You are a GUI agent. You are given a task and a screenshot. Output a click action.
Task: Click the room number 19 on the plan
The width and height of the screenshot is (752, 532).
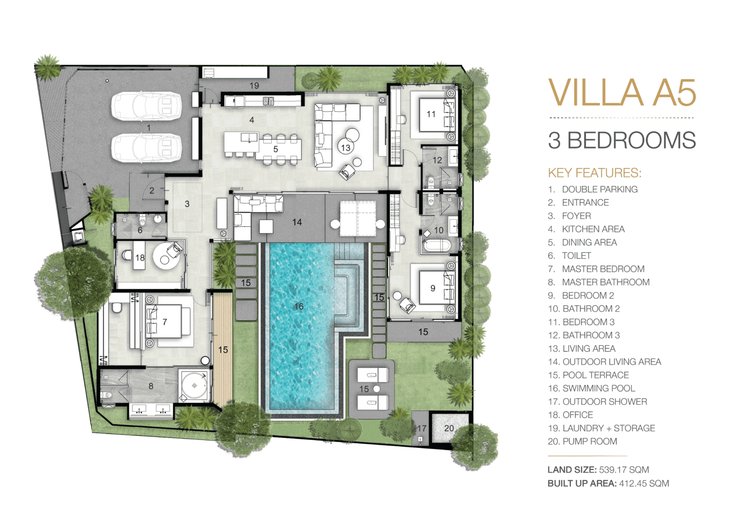254,86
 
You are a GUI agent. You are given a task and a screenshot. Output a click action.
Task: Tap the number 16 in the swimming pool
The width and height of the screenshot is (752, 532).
299,306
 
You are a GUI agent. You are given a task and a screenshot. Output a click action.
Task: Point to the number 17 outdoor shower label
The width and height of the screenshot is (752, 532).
422,428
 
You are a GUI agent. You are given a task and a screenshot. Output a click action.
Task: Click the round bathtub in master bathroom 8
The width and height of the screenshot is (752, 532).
194,386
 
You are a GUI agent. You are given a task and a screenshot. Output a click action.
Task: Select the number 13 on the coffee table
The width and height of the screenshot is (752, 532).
346,148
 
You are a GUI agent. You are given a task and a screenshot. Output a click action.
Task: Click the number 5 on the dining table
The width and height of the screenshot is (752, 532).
276,149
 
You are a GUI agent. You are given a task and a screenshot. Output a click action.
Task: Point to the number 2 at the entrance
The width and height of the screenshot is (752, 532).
152,191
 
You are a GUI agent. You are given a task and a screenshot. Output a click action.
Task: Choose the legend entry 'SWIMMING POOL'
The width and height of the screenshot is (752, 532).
599,388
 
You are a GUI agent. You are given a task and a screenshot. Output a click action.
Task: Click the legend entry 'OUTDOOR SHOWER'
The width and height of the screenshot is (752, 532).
605,401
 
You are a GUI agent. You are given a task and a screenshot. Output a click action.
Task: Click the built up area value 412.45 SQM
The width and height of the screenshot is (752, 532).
644,484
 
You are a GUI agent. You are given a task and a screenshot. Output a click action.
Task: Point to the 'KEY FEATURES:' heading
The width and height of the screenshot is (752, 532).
594,172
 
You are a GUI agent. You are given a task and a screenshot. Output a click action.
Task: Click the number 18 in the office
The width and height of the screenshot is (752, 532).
140,258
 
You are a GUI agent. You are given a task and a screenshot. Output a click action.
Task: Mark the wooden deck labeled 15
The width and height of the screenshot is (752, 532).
223,349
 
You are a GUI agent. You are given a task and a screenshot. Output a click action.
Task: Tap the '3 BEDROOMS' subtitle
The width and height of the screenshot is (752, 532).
622,140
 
